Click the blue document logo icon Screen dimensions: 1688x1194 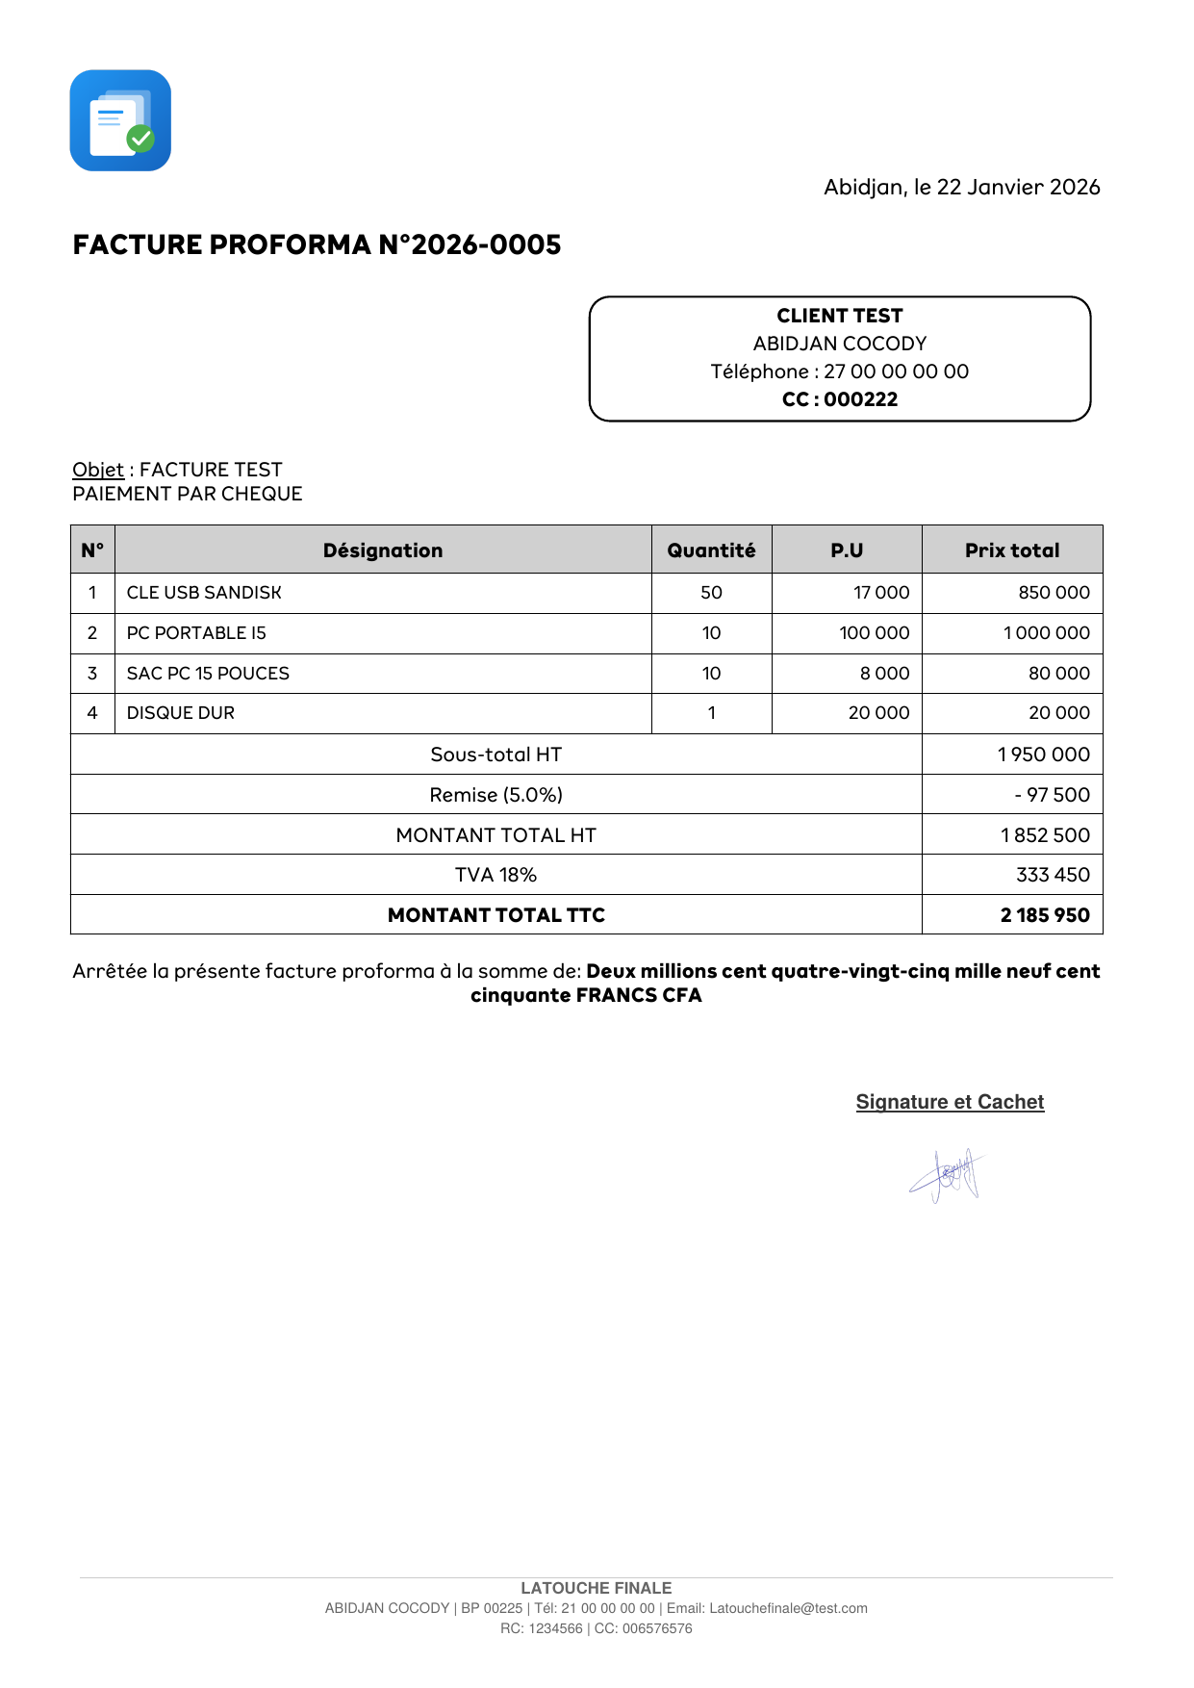point(120,120)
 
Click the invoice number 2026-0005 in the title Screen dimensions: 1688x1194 point(486,244)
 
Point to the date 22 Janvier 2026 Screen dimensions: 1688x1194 point(1018,187)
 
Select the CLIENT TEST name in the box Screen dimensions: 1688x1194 point(839,316)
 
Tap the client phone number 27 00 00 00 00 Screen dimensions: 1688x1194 point(896,371)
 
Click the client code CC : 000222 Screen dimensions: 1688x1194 point(839,399)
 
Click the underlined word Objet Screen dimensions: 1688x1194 point(98,470)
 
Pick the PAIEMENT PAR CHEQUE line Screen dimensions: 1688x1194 point(188,494)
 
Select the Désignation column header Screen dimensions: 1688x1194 point(383,550)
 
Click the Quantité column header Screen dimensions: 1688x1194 point(711,550)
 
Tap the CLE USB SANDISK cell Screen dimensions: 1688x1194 point(204,593)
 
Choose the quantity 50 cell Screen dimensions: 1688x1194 point(711,593)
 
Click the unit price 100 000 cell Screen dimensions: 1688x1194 point(874,633)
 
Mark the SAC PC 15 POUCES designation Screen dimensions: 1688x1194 point(208,674)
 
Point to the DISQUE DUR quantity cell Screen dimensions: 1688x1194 point(711,713)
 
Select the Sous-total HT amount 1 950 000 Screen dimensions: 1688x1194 point(1043,754)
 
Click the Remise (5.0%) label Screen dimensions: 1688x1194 point(495,795)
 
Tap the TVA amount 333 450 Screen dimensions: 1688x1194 point(1053,875)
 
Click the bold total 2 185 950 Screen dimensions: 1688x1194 point(1045,915)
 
